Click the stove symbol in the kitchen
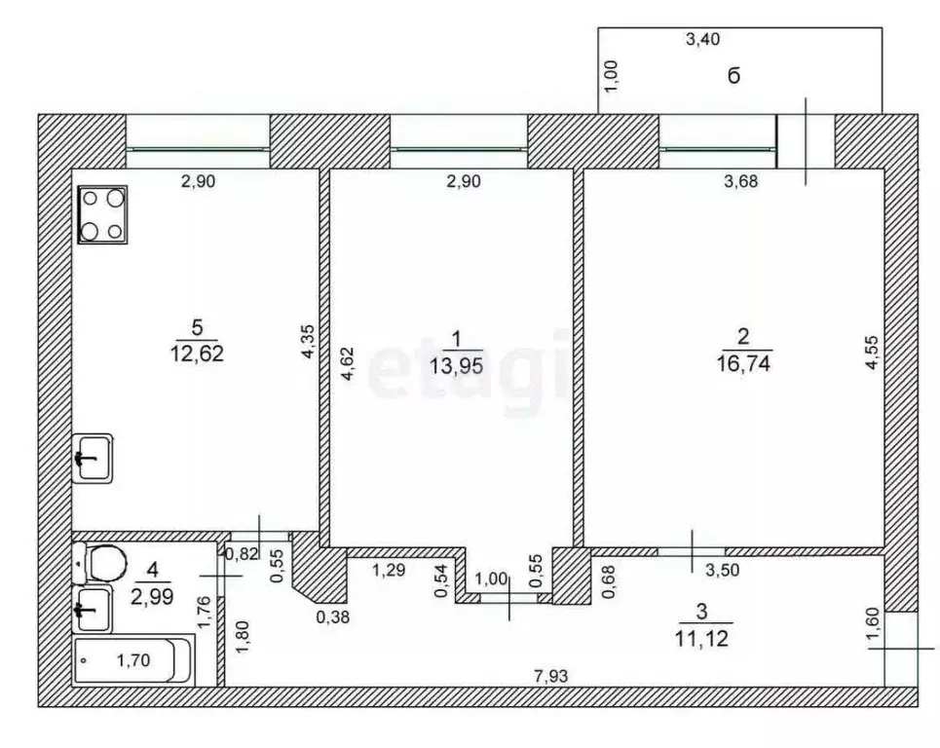(x=104, y=213)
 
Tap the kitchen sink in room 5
(x=94, y=458)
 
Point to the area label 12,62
(x=196, y=355)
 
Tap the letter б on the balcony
(x=733, y=76)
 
